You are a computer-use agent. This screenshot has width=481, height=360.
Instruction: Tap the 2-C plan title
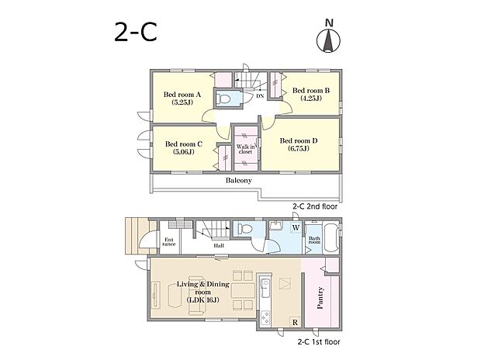pyautogui.click(x=136, y=33)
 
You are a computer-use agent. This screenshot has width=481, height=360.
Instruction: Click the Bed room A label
pyautogui.click(x=182, y=99)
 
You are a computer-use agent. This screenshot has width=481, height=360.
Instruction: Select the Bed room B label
pyautogui.click(x=311, y=94)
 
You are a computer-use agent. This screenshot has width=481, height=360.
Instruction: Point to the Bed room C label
pyautogui.click(x=183, y=147)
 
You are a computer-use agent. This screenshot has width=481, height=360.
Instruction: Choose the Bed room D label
pyautogui.click(x=299, y=144)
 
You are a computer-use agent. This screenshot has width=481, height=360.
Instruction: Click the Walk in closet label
pyautogui.click(x=245, y=149)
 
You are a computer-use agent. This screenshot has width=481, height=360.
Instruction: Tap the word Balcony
pyautogui.click(x=239, y=181)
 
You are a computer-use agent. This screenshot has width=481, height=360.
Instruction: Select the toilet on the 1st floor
pyautogui.click(x=245, y=229)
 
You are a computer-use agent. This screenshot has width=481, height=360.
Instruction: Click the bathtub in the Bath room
pyautogui.click(x=330, y=238)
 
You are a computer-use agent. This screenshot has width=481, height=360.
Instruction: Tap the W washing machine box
pyautogui.click(x=296, y=228)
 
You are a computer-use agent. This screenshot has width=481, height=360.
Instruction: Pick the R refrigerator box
pyautogui.click(x=295, y=322)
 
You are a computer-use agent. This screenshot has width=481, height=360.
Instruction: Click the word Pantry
pyautogui.click(x=320, y=298)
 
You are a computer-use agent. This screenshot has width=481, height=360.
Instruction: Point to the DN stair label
pyautogui.click(x=260, y=96)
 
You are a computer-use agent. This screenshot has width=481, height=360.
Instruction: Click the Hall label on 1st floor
pyautogui.click(x=219, y=245)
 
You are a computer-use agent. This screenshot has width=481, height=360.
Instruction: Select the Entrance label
pyautogui.click(x=168, y=242)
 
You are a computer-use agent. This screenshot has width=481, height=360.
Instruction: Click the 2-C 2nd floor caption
pyautogui.click(x=315, y=206)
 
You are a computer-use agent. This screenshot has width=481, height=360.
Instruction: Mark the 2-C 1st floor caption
pyautogui.click(x=319, y=341)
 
